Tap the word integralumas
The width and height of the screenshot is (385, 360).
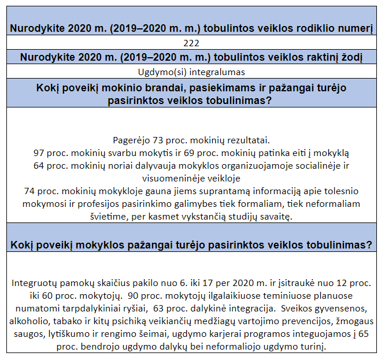coord(215,72)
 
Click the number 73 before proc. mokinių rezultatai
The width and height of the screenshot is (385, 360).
coord(158,140)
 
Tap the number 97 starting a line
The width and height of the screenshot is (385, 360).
coord(40,153)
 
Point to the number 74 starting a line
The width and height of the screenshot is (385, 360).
coord(30,191)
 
